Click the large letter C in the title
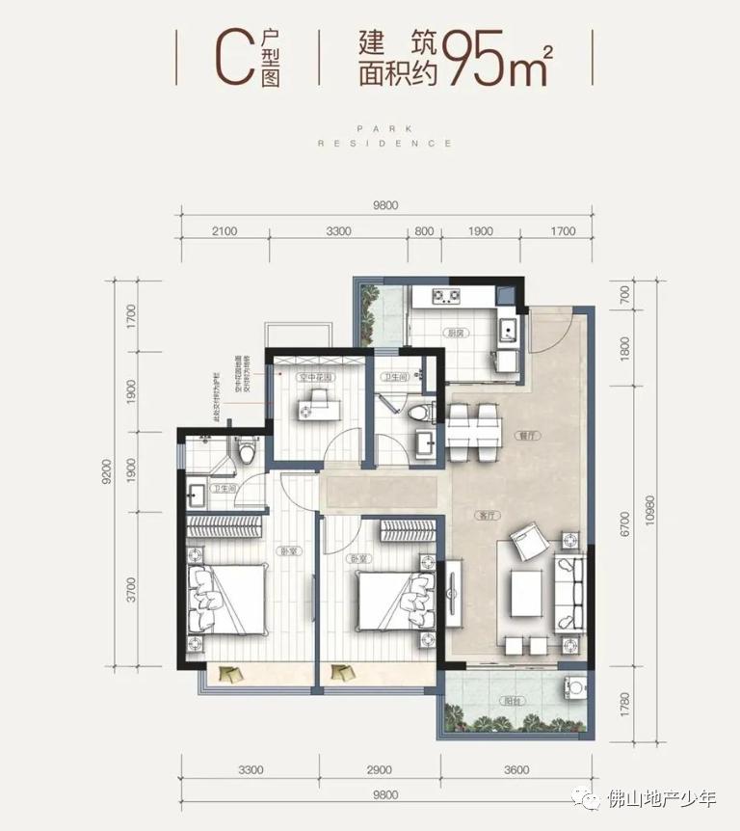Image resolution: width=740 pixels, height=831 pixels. tap(229, 58)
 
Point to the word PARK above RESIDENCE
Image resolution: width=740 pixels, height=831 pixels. tap(384, 127)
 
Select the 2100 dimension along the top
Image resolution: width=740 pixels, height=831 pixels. tap(225, 231)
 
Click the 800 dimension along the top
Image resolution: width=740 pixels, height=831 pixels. tap(423, 231)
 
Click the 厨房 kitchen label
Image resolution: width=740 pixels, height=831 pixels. tap(458, 333)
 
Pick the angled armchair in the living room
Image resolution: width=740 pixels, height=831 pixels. tap(528, 542)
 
